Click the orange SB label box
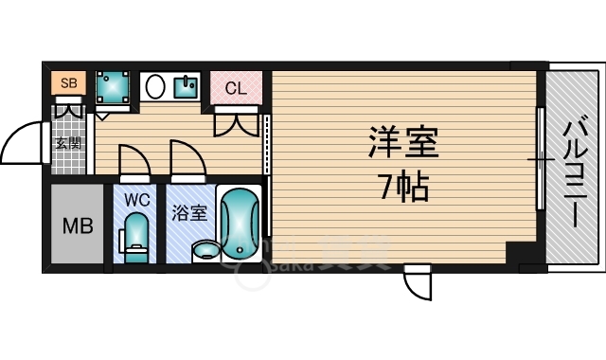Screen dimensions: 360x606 point(67,83)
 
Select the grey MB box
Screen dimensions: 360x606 point(76,226)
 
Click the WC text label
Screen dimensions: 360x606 point(136,200)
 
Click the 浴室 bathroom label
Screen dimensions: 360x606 point(189,213)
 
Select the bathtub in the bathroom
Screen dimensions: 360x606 point(238,223)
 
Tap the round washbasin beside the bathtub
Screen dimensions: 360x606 point(204,250)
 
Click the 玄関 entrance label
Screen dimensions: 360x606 point(67,144)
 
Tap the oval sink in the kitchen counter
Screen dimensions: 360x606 point(157,87)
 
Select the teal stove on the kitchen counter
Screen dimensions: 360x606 point(186,88)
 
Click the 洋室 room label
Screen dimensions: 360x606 point(402,145)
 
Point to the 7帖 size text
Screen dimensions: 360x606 point(402,187)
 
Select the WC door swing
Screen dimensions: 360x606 point(134,161)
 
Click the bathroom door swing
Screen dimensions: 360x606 point(187,160)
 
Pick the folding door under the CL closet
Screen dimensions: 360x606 point(236,120)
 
